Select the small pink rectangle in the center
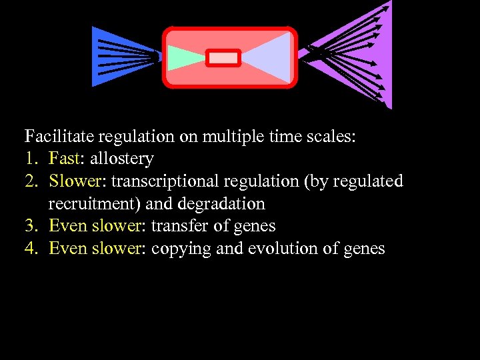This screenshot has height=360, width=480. tap(223, 58)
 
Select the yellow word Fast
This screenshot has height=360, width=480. tap(64, 159)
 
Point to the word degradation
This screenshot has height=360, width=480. tap(221, 203)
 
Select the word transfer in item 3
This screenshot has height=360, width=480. tap(176, 226)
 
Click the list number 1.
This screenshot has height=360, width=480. tap(29, 159)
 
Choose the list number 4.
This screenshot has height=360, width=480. tap(30, 249)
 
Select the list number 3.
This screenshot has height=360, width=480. tap(29, 226)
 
